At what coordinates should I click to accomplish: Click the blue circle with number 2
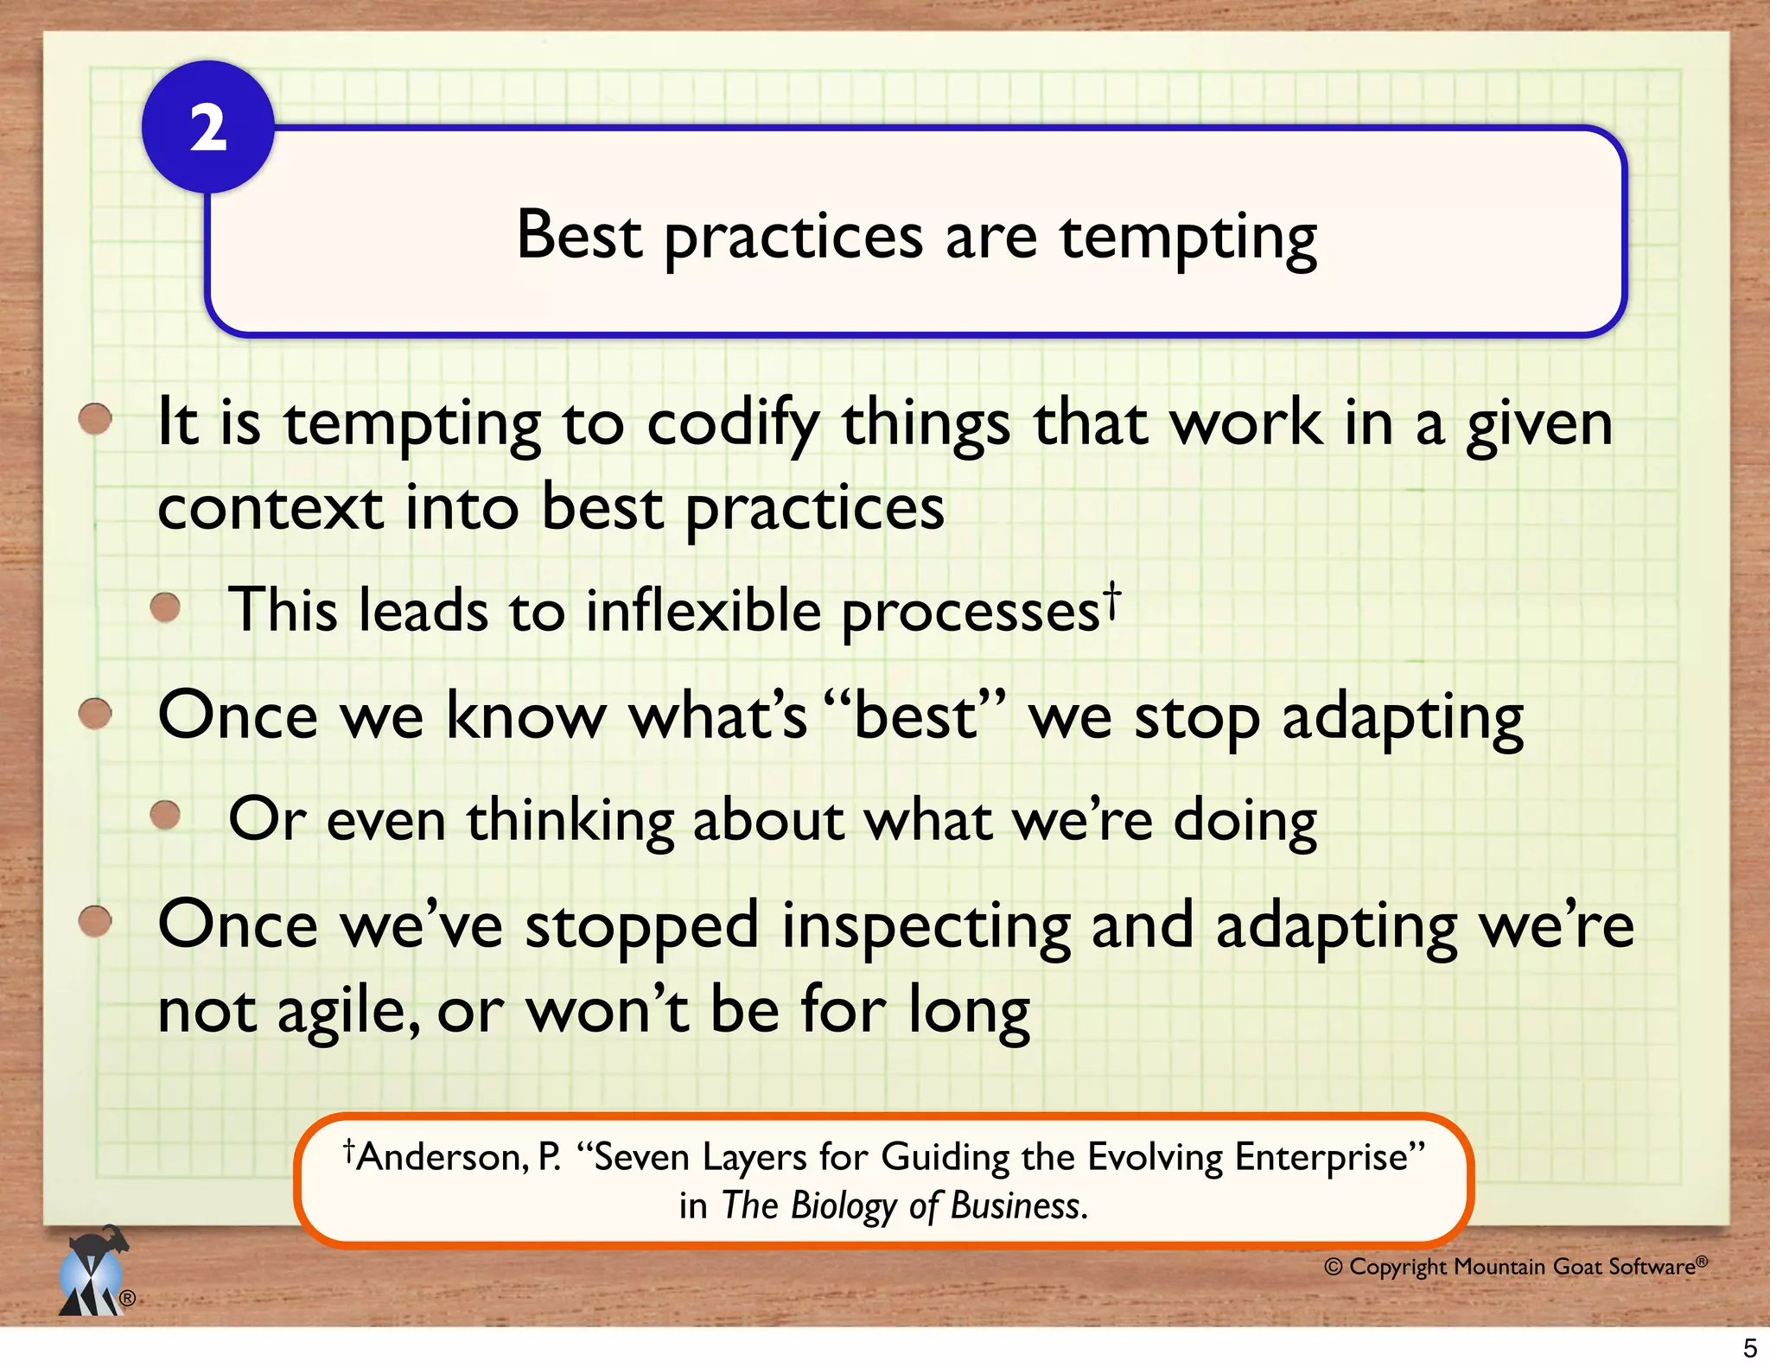click(x=207, y=128)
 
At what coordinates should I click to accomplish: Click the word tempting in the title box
click(x=1188, y=237)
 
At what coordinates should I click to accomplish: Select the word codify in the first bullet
click(x=732, y=425)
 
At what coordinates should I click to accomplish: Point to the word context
click(x=270, y=508)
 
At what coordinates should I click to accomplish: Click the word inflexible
click(x=703, y=611)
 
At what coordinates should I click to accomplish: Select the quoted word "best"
click(x=915, y=716)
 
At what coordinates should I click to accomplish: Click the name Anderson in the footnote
click(x=442, y=1157)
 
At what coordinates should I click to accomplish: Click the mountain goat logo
click(x=93, y=1272)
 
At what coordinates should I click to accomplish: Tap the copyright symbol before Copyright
click(x=1334, y=1267)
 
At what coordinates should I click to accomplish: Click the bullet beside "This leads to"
click(x=164, y=607)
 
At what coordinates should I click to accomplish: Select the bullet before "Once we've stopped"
click(x=95, y=921)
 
